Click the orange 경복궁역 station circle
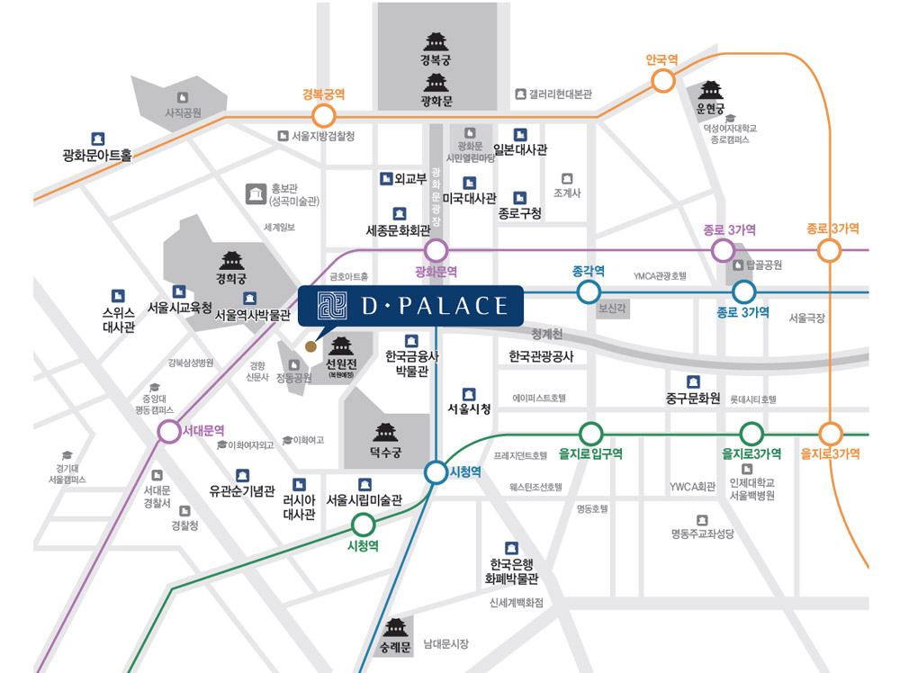[x=323, y=115]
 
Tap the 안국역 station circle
[x=662, y=81]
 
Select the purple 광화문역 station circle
[x=436, y=250]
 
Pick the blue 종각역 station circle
[x=588, y=292]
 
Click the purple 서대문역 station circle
[x=168, y=432]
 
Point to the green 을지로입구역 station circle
[x=590, y=433]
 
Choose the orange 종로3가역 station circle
[x=829, y=250]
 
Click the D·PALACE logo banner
[x=410, y=306]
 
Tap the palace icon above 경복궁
[x=436, y=41]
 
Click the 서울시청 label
[x=469, y=408]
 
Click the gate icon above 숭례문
[x=397, y=627]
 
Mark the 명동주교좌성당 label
[x=702, y=534]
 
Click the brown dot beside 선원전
[x=310, y=345]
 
